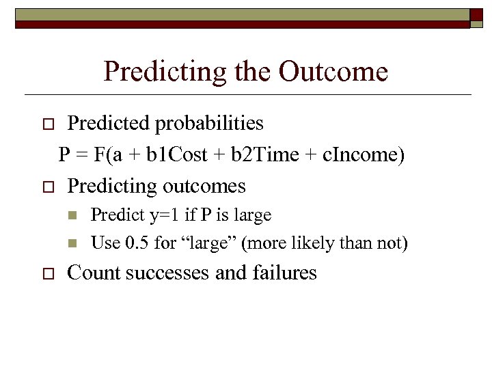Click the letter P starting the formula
click(x=64, y=155)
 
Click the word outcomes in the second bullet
click(x=204, y=186)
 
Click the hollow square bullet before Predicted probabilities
click(x=47, y=124)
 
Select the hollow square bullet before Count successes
click(x=47, y=274)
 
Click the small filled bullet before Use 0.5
click(x=74, y=243)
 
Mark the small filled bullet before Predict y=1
click(x=74, y=216)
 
